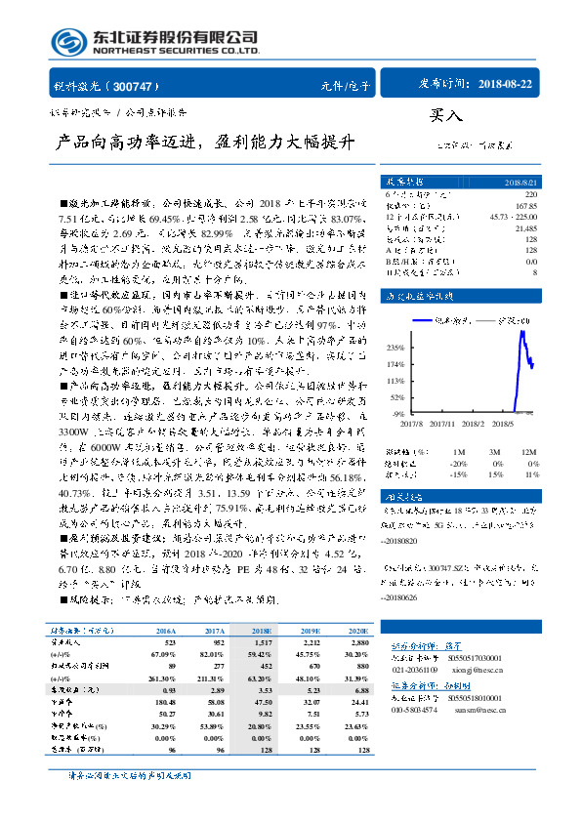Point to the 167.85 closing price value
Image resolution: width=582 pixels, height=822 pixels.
pos(525,206)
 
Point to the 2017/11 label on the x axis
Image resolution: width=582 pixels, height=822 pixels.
pos(441,425)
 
